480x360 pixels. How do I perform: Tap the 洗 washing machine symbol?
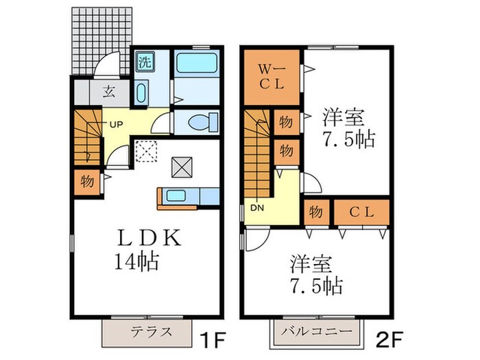click(x=145, y=60)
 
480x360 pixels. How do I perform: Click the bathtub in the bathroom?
click(x=196, y=67)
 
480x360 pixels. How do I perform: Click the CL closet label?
click(x=360, y=212)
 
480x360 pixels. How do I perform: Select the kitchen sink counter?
click(x=180, y=196)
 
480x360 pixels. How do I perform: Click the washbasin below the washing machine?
click(x=142, y=92)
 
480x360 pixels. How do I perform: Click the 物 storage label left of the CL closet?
click(x=316, y=212)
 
